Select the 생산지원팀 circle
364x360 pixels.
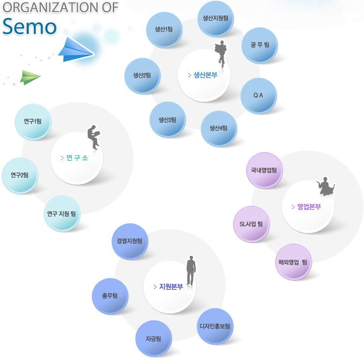click(215, 18)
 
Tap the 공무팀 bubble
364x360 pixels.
click(259, 45)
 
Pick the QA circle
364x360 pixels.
click(258, 95)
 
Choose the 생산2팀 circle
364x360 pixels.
click(142, 76)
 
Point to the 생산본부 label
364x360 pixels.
click(204, 75)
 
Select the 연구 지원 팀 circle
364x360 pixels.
click(61, 213)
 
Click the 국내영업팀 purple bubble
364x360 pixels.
click(264, 171)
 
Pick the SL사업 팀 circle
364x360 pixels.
click(251, 224)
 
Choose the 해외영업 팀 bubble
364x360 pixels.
click(293, 262)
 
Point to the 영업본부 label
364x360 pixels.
click(307, 207)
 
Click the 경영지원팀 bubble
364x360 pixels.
click(130, 241)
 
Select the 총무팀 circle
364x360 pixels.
click(110, 296)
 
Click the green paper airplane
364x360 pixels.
click(30, 77)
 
